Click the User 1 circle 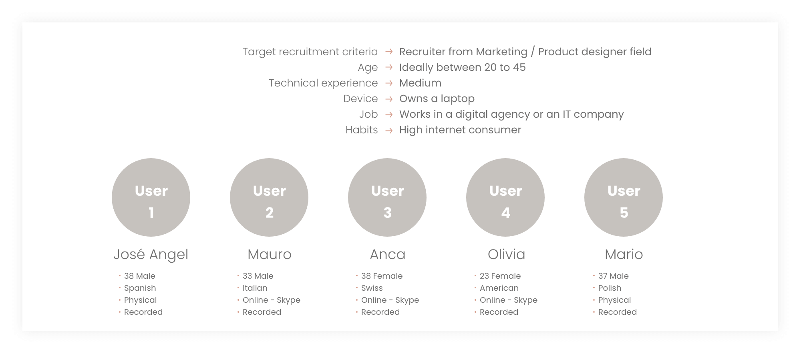(x=151, y=197)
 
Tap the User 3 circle (x=387, y=197)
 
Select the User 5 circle (x=624, y=197)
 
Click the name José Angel (x=151, y=255)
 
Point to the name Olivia (x=506, y=254)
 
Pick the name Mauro (x=270, y=254)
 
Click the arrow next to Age (x=389, y=67)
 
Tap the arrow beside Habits (x=389, y=130)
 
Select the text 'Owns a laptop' (x=437, y=99)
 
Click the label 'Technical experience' (x=323, y=83)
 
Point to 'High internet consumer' (x=460, y=130)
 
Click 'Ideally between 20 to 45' (x=463, y=67)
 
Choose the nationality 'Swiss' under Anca (x=372, y=288)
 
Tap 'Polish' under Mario (x=610, y=288)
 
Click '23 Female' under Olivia (x=500, y=276)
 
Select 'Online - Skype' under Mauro (x=271, y=300)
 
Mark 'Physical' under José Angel (x=140, y=300)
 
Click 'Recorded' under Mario (x=617, y=312)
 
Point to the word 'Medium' (x=421, y=83)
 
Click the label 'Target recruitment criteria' (x=310, y=52)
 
